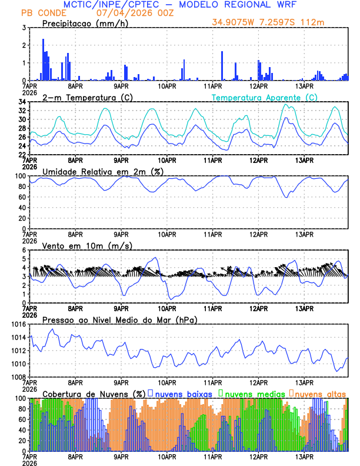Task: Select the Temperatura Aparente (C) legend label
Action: [x=265, y=97]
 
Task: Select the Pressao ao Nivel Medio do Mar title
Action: [x=119, y=319]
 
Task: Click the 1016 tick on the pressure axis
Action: [x=18, y=324]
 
